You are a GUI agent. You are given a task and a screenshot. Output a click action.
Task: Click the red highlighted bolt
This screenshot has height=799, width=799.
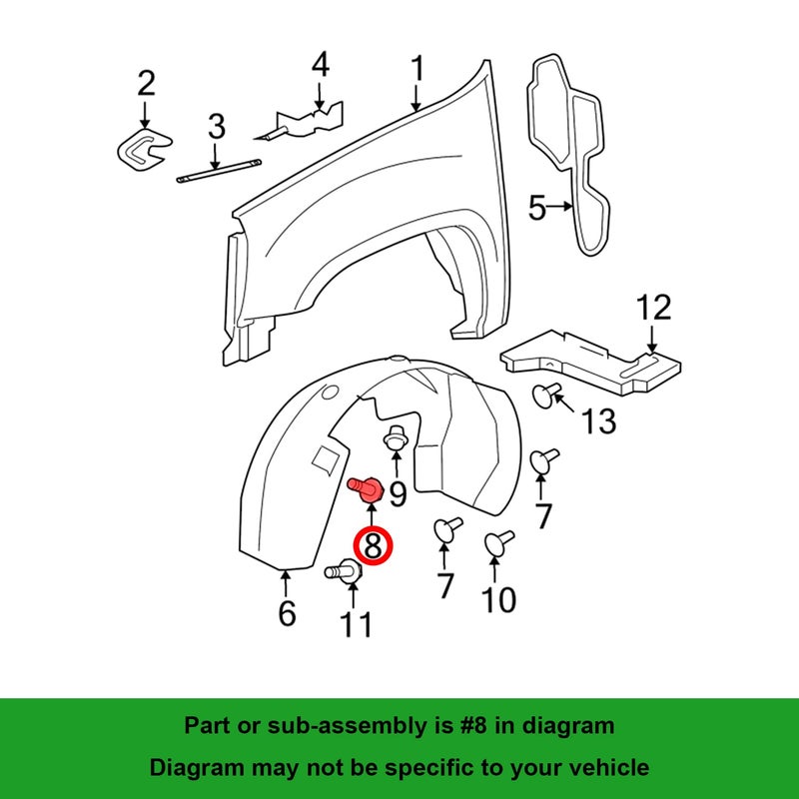coord(366,489)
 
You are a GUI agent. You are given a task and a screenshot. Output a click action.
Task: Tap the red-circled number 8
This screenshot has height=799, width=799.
coord(373,545)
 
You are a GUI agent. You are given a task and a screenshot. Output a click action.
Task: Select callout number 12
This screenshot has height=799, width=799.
coord(653,308)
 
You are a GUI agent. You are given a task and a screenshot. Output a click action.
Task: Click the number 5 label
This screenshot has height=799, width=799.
coord(537,208)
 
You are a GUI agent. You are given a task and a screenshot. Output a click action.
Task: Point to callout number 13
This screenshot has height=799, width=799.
coord(598,421)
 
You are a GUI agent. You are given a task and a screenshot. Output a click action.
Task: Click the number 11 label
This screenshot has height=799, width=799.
coord(357,624)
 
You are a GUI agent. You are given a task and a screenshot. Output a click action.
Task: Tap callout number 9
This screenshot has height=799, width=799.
coord(398,493)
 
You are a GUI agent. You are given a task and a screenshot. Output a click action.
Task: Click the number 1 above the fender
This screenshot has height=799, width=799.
coord(417,68)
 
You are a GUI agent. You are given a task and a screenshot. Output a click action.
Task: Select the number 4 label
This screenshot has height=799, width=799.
coord(321,65)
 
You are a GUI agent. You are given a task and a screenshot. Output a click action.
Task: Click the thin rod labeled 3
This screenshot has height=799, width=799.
coord(219,171)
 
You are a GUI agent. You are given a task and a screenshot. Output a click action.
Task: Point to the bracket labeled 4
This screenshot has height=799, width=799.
coord(303,123)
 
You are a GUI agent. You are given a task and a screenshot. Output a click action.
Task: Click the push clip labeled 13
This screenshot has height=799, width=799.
coord(546,395)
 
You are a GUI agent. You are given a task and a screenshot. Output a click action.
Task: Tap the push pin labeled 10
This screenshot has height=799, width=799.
coord(498,542)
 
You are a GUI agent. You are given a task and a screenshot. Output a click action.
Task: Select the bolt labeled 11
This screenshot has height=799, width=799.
coord(344,571)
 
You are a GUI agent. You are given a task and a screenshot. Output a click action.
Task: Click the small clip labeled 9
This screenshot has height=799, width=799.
coord(394,437)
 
